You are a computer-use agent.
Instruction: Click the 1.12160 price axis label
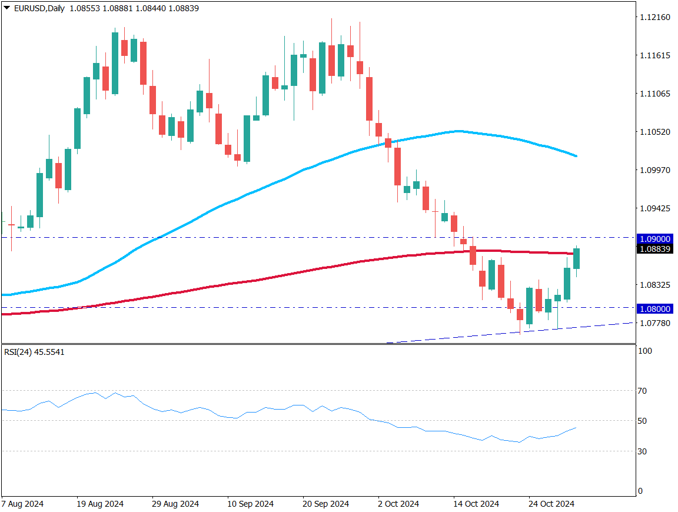point(654,17)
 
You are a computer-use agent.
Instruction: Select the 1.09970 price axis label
point(654,170)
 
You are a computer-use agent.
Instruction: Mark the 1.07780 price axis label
point(654,323)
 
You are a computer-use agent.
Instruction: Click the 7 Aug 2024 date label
point(22,504)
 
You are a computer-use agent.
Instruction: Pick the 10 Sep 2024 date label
point(251,504)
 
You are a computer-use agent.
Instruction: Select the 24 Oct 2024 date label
point(551,504)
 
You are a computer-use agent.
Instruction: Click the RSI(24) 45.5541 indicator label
point(35,352)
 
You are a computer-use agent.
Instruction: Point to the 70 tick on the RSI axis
point(643,391)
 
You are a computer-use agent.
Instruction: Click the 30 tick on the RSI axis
point(643,451)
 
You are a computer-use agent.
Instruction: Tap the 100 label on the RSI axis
point(645,351)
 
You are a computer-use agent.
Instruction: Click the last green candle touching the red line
point(577,259)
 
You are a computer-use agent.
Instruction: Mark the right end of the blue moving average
point(577,157)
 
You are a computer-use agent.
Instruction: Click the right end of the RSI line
point(576,428)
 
